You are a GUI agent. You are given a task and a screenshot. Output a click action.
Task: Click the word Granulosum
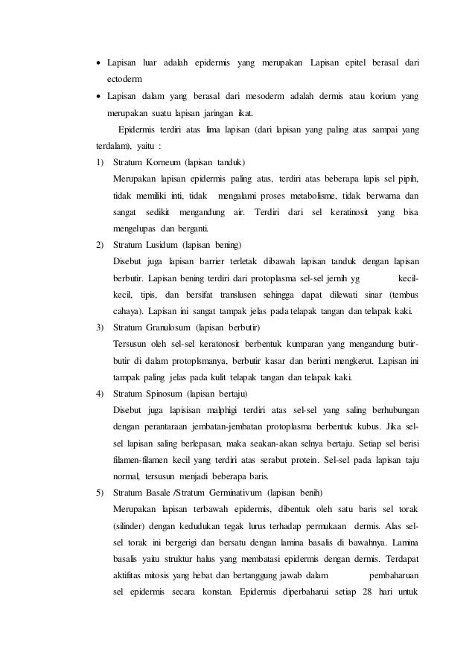click(168, 327)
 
